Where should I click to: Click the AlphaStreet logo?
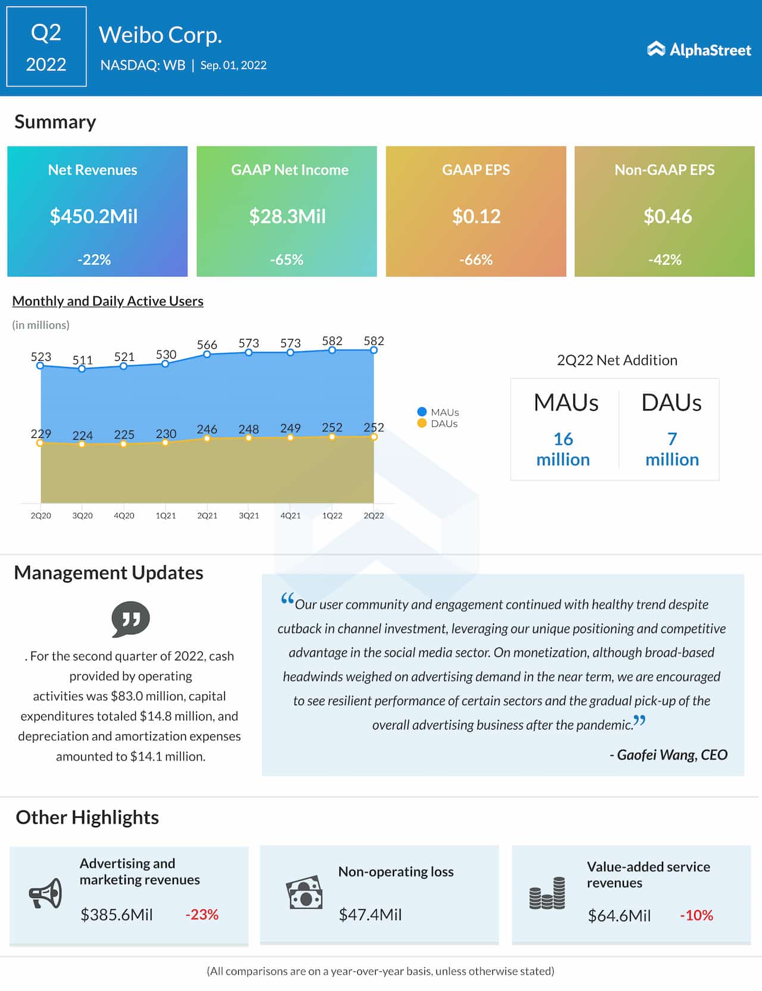699,49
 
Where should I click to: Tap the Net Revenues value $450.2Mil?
94,216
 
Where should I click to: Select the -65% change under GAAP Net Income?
286,260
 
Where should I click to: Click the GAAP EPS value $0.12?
476,216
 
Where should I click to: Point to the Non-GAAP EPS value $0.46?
667,216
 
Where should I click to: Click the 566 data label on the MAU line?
207,344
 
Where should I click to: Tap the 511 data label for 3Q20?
82,360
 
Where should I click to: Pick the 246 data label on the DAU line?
207,429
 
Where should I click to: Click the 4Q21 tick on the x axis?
291,516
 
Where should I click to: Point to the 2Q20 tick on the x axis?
40,516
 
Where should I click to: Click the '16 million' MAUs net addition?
563,449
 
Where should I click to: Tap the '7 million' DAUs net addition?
672,449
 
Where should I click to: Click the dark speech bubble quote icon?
130,619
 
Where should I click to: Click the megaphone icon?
46,893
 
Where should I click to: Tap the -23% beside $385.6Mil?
202,914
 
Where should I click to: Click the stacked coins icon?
547,893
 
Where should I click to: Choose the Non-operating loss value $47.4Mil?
370,914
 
